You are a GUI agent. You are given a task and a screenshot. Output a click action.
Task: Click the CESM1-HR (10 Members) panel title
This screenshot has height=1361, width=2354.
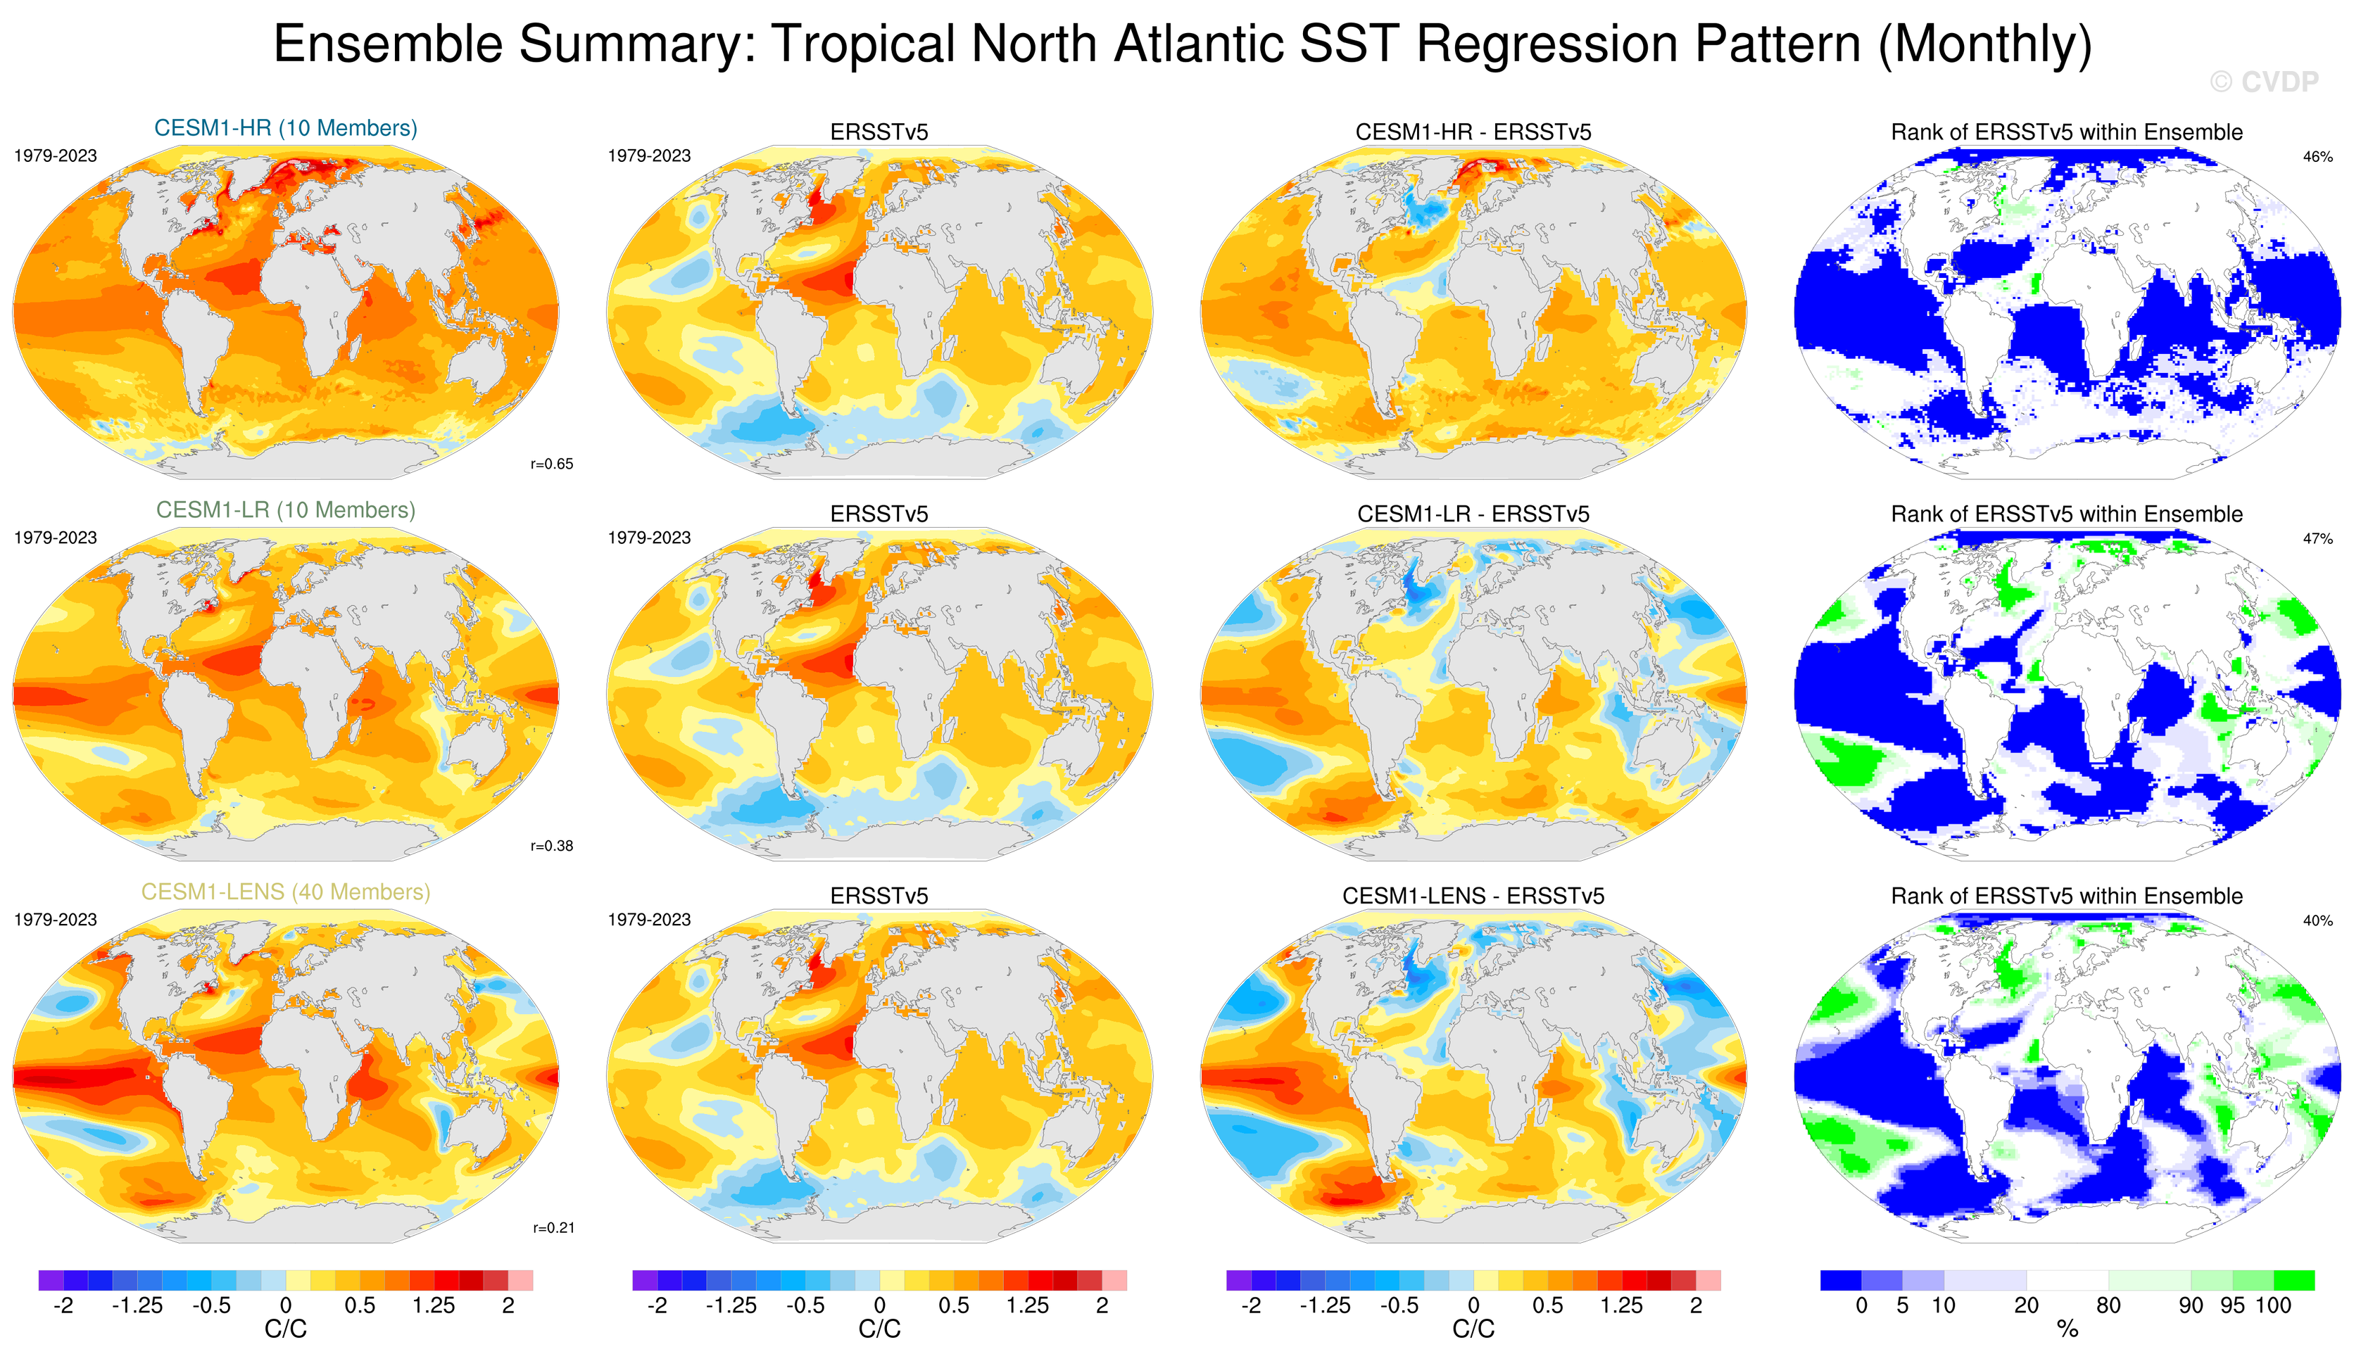285,128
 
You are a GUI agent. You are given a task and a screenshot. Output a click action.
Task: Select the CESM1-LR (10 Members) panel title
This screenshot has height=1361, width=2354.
285,510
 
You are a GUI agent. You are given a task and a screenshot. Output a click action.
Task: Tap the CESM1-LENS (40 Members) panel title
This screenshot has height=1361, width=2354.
285,892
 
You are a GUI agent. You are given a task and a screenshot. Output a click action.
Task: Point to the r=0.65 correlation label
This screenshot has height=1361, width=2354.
551,464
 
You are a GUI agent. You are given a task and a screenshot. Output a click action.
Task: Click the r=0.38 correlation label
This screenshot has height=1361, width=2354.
551,847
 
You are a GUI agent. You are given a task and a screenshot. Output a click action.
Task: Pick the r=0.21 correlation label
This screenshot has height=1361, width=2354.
553,1229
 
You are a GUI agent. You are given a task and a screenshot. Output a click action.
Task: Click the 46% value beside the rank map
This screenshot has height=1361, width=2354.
2317,157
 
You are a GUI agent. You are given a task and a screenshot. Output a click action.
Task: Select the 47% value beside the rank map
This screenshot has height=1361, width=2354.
2317,539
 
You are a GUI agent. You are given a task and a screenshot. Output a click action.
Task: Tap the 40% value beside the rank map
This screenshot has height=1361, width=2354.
2317,921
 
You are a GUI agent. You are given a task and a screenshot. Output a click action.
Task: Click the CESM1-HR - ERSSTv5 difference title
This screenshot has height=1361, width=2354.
1473,132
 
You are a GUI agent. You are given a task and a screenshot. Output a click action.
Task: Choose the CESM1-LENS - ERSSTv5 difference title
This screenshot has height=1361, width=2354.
1473,897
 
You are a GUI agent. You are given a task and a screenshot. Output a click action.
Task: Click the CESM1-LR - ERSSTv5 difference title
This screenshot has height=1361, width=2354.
1473,514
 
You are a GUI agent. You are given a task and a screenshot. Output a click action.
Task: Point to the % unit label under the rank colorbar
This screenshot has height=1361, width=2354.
2067,1329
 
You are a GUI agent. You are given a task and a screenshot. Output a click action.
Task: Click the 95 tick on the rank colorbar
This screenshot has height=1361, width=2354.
2232,1306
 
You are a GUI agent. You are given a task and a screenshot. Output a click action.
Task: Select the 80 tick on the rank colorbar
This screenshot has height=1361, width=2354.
2108,1306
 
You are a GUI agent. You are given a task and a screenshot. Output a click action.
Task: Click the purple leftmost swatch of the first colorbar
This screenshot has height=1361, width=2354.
51,1280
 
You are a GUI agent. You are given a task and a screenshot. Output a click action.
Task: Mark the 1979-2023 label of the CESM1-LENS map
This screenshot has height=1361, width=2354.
55,920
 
